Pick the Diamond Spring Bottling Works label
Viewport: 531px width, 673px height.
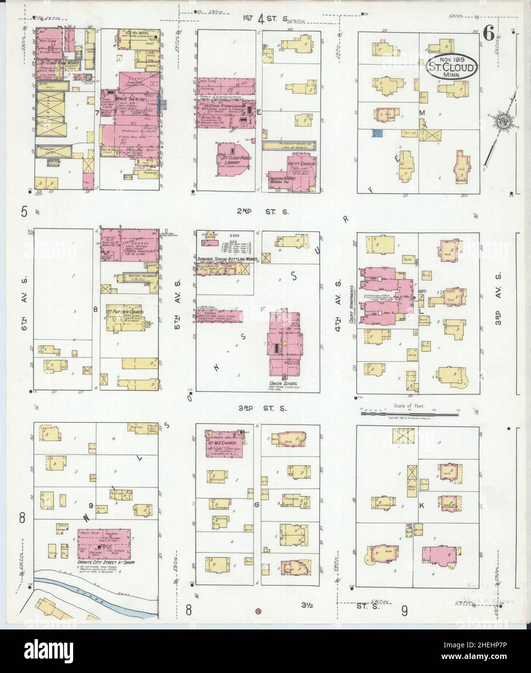coord(227,260)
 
